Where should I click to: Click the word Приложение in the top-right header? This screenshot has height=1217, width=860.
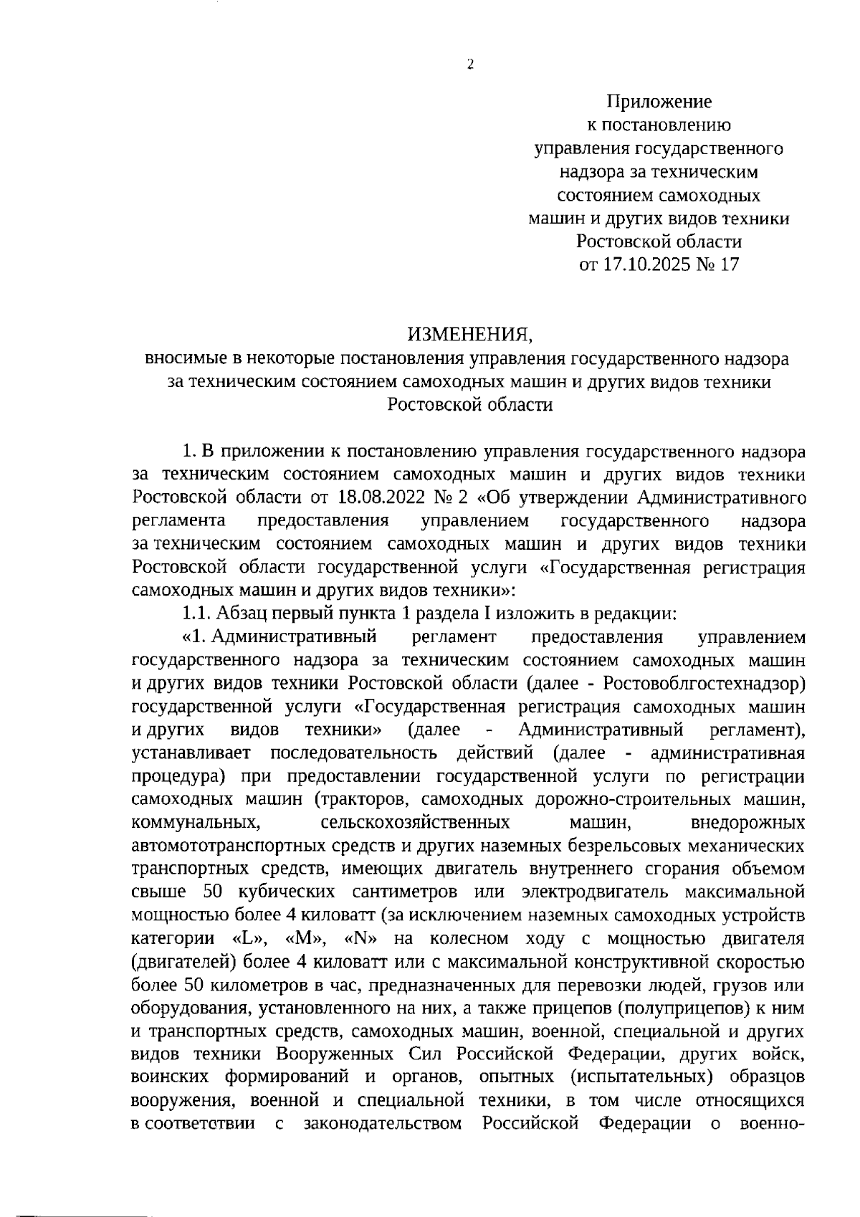pos(659,102)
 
